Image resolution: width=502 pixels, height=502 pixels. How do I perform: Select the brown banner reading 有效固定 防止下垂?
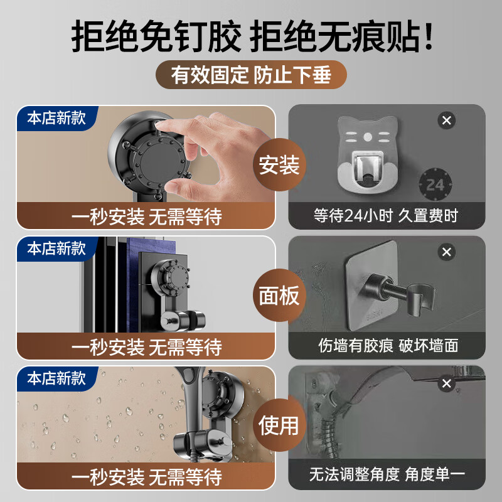click(x=251, y=75)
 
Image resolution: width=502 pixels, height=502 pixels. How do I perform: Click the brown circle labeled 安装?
click(x=280, y=166)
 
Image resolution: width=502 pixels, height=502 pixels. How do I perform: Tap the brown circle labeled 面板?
click(x=280, y=295)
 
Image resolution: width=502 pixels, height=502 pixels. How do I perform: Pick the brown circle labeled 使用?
click(x=280, y=424)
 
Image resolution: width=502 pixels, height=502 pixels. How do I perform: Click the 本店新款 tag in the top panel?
click(x=56, y=117)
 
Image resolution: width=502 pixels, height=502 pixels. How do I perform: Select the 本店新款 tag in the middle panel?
click(x=56, y=248)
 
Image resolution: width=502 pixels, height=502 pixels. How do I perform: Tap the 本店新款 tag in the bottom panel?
click(x=56, y=379)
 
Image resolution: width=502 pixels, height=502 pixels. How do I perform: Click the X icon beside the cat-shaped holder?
click(x=447, y=120)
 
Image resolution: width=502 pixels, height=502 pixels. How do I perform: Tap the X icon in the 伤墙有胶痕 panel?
click(x=447, y=252)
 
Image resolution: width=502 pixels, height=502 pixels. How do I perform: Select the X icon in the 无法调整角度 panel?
click(x=447, y=383)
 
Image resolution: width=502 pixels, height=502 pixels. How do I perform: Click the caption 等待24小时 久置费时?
click(x=386, y=216)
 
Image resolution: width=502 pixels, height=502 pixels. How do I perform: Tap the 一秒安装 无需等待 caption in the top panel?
click(x=146, y=217)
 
